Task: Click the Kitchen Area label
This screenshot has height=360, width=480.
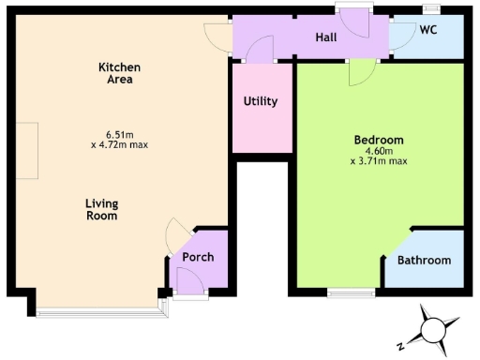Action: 120,72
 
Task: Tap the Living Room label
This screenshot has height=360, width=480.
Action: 101,209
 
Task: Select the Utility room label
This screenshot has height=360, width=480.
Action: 260,101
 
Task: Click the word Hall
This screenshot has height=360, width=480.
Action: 326,37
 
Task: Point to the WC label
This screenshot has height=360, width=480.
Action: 428,30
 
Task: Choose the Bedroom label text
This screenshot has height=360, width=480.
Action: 378,141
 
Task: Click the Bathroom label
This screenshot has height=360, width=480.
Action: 425,261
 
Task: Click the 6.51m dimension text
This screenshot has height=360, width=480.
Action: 120,133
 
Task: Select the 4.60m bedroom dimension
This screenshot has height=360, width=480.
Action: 378,151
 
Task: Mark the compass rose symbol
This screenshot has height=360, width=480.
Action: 435,329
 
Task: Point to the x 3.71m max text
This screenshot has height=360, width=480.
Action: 378,161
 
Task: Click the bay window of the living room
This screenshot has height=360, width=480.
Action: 99,308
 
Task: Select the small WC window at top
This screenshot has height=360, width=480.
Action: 431,8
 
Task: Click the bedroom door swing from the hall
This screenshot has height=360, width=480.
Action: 361,73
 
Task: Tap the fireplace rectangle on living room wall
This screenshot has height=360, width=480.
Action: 32,150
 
